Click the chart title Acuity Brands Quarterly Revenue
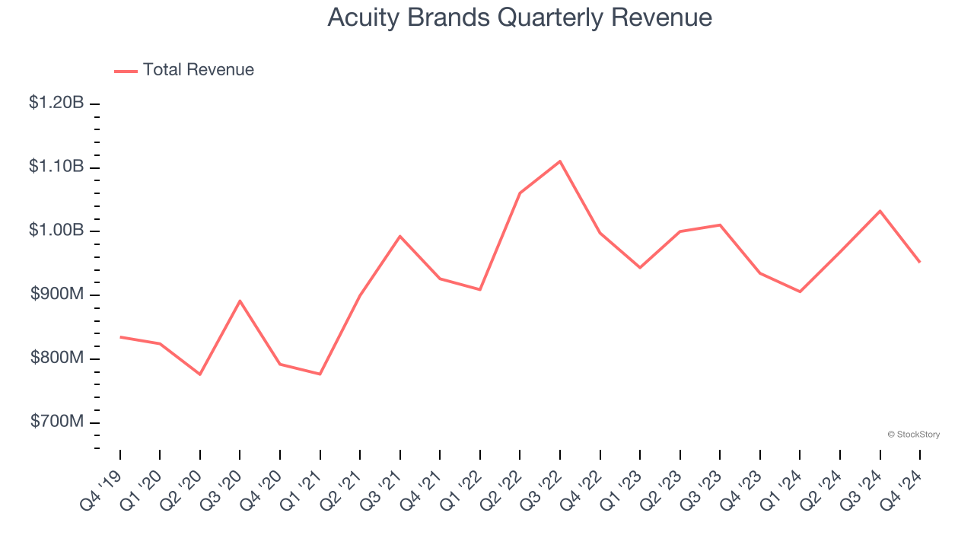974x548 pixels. pyautogui.click(x=520, y=18)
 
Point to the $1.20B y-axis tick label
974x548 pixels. pyautogui.click(x=56, y=103)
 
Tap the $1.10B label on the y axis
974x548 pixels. pyautogui.click(x=56, y=167)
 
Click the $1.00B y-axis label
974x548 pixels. pyautogui.click(x=56, y=231)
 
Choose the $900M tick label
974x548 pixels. pyautogui.click(x=57, y=295)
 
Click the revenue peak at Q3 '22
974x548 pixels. pyautogui.click(x=560, y=161)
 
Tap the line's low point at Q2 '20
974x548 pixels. pyautogui.click(x=200, y=374)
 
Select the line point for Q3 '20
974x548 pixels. pyautogui.click(x=240, y=301)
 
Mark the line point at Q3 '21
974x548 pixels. pyautogui.click(x=400, y=236)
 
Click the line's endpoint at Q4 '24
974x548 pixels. pyautogui.click(x=920, y=263)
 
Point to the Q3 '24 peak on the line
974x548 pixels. pyautogui.click(x=880, y=211)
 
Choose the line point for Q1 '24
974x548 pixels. pyautogui.click(x=800, y=292)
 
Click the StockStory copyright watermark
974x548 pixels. pyautogui.click(x=913, y=435)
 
